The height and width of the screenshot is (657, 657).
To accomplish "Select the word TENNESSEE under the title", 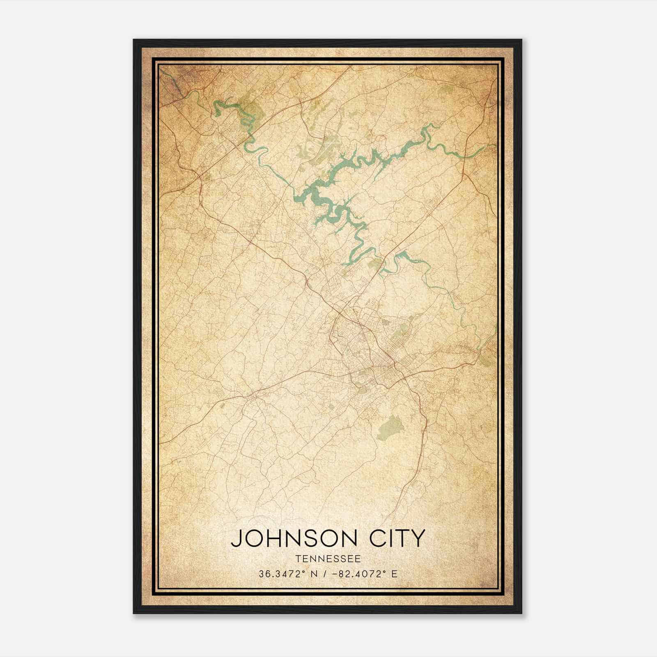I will (x=328, y=559).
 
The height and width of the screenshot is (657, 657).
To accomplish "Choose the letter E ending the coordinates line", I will (x=395, y=574).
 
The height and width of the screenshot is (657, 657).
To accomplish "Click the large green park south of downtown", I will (x=390, y=427).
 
